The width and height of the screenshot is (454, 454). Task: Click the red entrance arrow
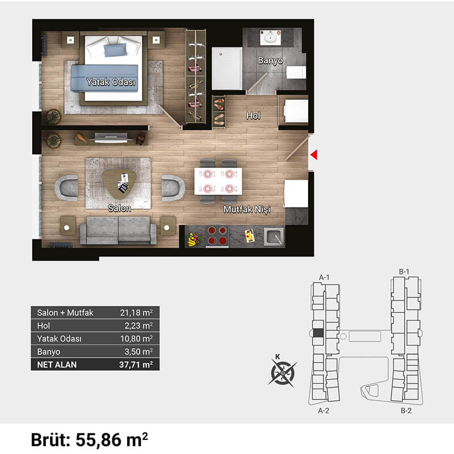[314, 154]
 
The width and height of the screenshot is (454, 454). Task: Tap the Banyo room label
[271, 60]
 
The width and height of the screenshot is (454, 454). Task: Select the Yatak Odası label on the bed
[111, 82]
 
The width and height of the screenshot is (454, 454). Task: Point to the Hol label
[253, 116]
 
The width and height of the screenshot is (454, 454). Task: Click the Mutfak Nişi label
[247, 209]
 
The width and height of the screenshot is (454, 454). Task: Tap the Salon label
[119, 208]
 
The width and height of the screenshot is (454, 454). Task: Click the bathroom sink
[271, 37]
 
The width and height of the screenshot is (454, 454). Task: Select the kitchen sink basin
[274, 237]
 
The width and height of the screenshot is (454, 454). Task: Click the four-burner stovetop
[217, 236]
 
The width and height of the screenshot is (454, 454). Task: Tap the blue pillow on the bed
[115, 50]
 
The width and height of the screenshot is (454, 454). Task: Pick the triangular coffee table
[119, 184]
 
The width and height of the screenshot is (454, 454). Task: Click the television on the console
[111, 138]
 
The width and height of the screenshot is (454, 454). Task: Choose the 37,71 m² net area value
[136, 364]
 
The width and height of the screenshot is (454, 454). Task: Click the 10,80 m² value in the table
[136, 338]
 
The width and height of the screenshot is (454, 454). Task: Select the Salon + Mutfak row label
[65, 313]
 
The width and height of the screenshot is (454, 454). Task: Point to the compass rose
[283, 373]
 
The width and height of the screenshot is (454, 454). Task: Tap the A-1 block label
[324, 278]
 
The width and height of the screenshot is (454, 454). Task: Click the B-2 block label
[406, 410]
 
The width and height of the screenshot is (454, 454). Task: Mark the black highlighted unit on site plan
[318, 333]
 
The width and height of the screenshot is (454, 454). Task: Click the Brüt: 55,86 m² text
[90, 440]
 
